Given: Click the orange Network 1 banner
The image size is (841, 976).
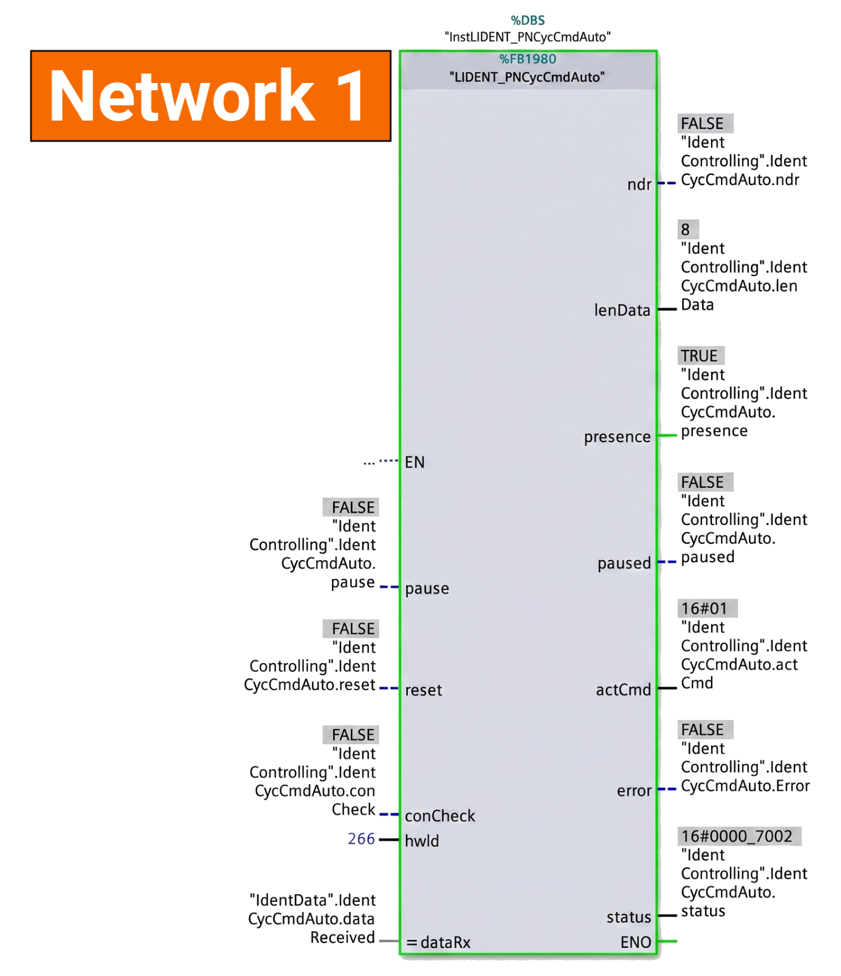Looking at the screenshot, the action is point(211,96).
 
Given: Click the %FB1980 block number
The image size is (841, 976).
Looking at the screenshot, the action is point(528,59).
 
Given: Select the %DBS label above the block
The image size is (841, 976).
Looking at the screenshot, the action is point(528,21).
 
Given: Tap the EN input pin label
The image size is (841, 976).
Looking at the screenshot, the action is point(414,462).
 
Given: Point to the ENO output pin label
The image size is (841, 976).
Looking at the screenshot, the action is point(636,942).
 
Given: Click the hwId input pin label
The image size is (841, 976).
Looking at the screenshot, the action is point(422,841).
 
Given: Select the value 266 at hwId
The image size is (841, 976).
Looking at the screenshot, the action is point(361,838).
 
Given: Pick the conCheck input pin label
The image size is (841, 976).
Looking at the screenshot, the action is point(440,816).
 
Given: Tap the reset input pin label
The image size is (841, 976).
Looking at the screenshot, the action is point(423,690).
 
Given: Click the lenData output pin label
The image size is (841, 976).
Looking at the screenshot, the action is point(622,310).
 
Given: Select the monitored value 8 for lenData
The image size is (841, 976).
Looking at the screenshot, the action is point(686,229).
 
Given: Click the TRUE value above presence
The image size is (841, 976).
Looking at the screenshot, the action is point(700,356).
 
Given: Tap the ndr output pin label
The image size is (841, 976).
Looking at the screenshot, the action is point(639,185).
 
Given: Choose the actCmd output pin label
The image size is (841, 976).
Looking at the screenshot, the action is point(623,689).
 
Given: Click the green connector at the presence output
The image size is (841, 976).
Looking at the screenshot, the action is point(667,435).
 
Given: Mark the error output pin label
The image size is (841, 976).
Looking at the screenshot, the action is point(634,791).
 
